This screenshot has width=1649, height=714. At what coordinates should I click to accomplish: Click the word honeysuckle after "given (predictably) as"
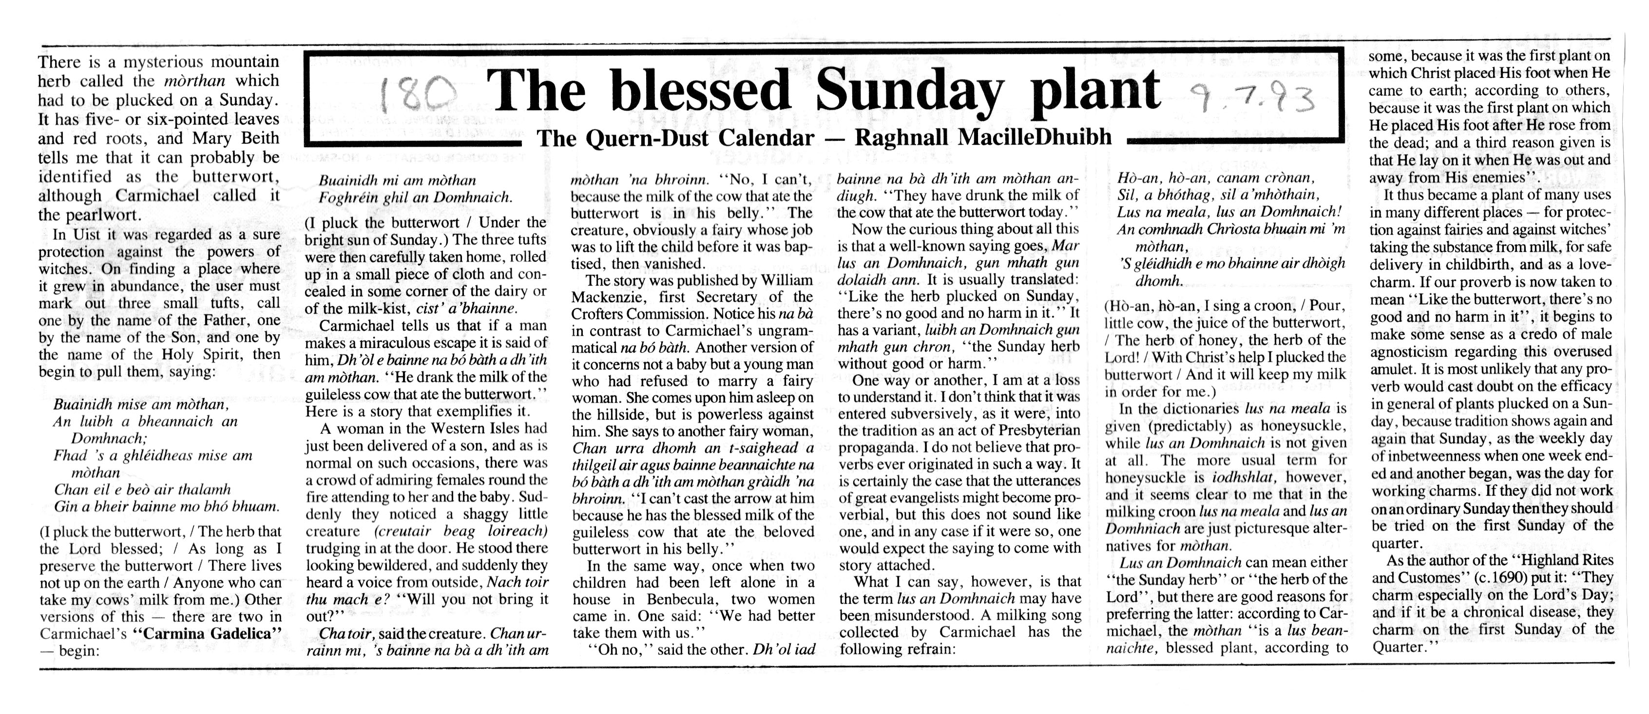1302,426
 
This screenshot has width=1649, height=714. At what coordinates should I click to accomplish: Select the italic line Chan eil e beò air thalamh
142,490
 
